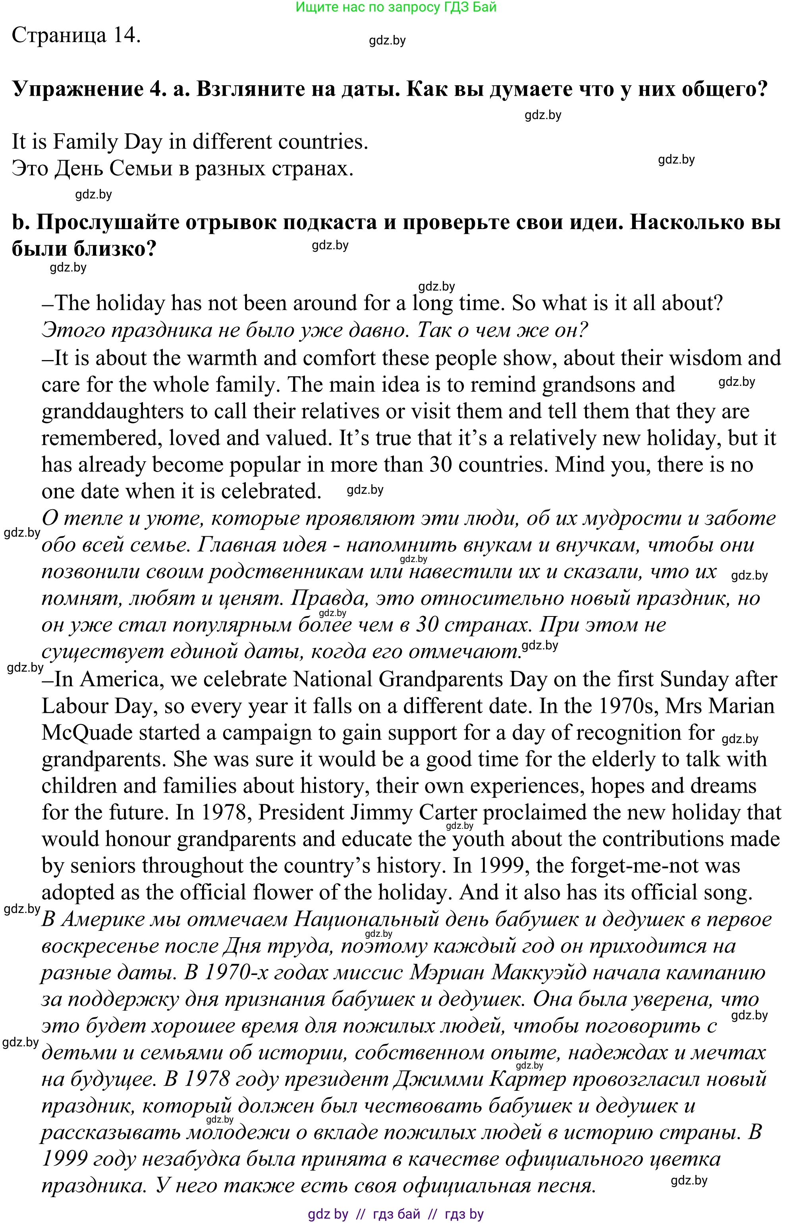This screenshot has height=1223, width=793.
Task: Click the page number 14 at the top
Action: coord(126,35)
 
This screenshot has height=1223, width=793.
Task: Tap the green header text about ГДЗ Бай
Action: coord(396,7)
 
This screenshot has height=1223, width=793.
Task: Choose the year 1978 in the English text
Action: coord(224,813)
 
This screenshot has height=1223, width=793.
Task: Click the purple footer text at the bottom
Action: coord(396,1214)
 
